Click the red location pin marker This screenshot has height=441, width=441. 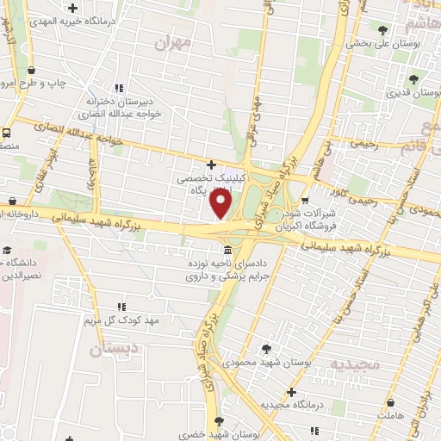click(x=221, y=205)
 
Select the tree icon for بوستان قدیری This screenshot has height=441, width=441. click(x=414, y=78)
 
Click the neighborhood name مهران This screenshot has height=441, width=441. click(x=173, y=41)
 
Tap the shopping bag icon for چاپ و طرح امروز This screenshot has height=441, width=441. click(x=32, y=71)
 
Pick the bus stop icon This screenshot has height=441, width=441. click(x=7, y=134)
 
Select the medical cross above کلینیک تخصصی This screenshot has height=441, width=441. click(x=212, y=164)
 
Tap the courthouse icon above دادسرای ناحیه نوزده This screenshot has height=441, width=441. click(x=226, y=250)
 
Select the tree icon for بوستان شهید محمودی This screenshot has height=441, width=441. click(x=265, y=349)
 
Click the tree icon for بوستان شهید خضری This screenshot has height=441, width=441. click(x=217, y=421)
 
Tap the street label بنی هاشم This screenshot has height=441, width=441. click(x=328, y=154)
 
